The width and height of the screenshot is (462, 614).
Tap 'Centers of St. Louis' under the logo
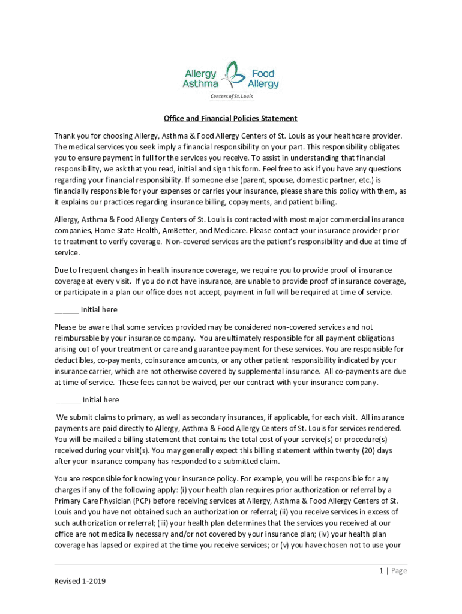(231, 97)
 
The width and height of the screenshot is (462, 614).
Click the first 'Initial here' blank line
(66, 310)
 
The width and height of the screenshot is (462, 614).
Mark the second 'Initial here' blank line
(68, 400)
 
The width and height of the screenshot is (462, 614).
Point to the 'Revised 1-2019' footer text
(79, 582)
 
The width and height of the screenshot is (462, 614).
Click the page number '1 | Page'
(393, 571)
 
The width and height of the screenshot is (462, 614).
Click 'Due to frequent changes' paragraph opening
(96, 270)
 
